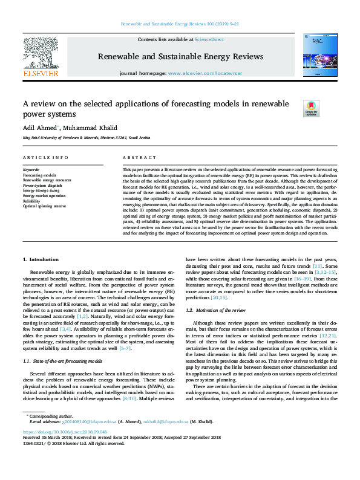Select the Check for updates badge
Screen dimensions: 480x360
310,108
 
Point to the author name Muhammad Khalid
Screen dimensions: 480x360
85,128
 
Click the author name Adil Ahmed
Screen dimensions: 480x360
39,128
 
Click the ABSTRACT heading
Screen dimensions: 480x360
135,157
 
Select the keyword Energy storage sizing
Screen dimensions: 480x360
43,190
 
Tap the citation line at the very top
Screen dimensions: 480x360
180,25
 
